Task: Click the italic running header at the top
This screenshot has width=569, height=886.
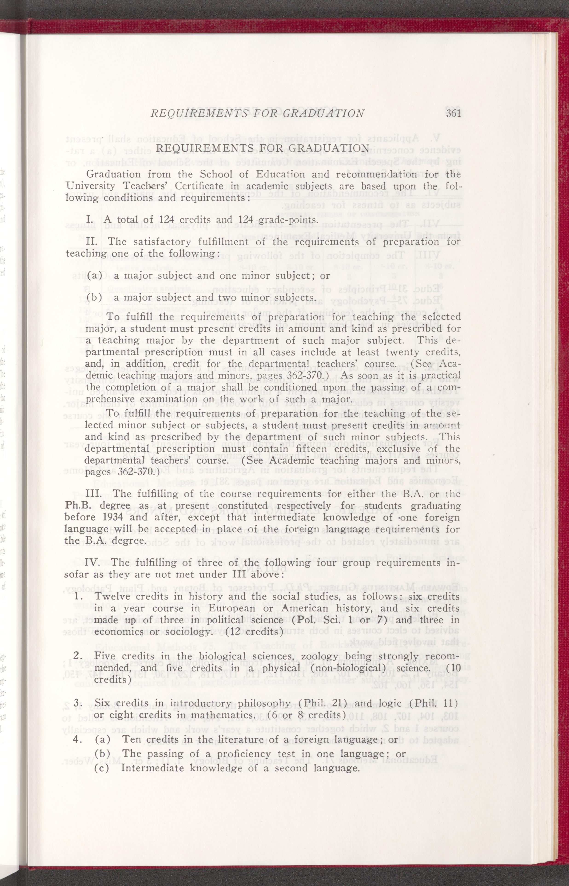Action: (257, 113)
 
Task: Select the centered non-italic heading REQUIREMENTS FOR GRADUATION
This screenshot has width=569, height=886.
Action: (263, 148)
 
